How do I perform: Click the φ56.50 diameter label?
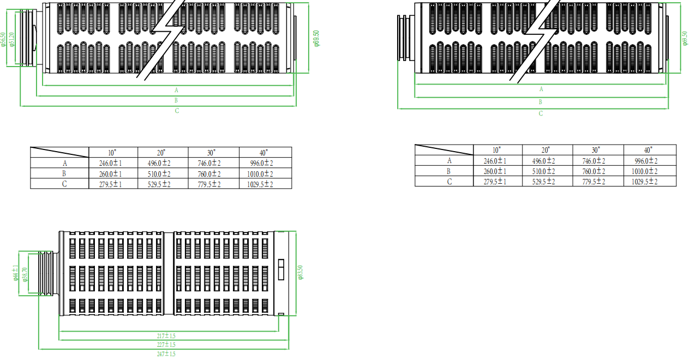tap(4, 39)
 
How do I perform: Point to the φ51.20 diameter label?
tap(12, 39)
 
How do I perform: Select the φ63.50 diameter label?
tap(300, 272)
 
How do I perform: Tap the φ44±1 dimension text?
tap(16, 273)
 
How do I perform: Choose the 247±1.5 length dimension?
tap(166, 354)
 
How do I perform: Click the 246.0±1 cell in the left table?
tap(113, 163)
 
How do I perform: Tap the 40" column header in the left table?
tap(265, 153)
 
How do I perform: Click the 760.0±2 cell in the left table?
tap(213, 174)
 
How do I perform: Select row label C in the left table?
tap(64, 184)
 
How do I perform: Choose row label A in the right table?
tap(449, 160)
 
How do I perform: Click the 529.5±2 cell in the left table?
tap(162, 184)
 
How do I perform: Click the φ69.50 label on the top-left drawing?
tap(316, 38)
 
